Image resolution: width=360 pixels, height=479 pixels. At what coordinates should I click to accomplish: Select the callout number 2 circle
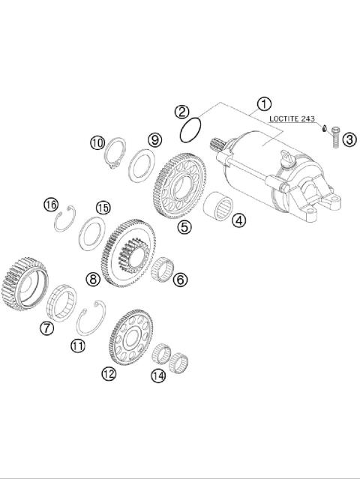coord(181,112)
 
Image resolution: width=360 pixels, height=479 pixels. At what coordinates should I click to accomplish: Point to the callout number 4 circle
coord(238,220)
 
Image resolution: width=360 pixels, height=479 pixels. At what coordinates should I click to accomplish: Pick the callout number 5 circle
coord(183,225)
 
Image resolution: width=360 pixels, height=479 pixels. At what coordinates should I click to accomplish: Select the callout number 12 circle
coord(109,373)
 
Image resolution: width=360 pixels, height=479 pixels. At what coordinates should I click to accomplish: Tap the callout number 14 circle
coord(157,376)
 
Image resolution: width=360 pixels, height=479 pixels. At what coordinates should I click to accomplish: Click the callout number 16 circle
coord(50,205)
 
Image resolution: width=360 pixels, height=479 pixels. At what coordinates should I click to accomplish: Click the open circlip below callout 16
coord(67,220)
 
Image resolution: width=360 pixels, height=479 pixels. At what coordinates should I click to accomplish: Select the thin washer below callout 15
coord(93,231)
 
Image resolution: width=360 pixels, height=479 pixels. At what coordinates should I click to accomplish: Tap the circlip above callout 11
coord(91,318)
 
